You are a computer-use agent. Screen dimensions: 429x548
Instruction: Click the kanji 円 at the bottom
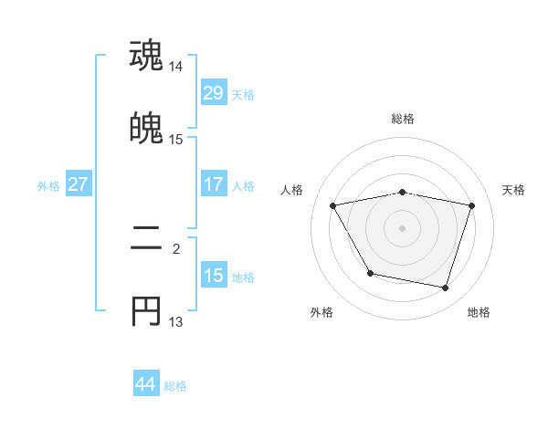(146, 311)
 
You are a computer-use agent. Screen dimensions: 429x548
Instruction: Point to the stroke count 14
(176, 68)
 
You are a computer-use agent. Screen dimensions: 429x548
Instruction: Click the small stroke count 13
(176, 322)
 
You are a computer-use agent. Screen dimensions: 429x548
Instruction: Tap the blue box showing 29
(213, 93)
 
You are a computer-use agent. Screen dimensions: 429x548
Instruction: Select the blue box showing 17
(213, 184)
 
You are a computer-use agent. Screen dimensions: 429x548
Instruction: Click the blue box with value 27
(78, 184)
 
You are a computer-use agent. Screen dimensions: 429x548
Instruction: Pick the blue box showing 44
(145, 385)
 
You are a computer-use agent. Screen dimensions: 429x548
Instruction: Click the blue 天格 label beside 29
(243, 95)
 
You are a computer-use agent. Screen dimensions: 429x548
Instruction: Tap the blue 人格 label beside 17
(243, 186)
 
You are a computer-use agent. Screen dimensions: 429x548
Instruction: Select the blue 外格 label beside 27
(48, 186)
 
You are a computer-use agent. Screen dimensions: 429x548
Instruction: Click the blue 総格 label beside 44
(175, 387)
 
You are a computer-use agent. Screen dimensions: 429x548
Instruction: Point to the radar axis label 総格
(403, 119)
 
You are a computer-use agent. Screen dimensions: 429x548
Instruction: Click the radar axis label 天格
(514, 190)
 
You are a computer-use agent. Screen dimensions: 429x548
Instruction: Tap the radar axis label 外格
(321, 313)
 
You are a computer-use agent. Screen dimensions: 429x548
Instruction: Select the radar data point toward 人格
(333, 205)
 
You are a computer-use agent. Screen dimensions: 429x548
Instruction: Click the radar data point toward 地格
(446, 288)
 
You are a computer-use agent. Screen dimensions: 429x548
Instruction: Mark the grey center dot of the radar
(403, 227)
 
